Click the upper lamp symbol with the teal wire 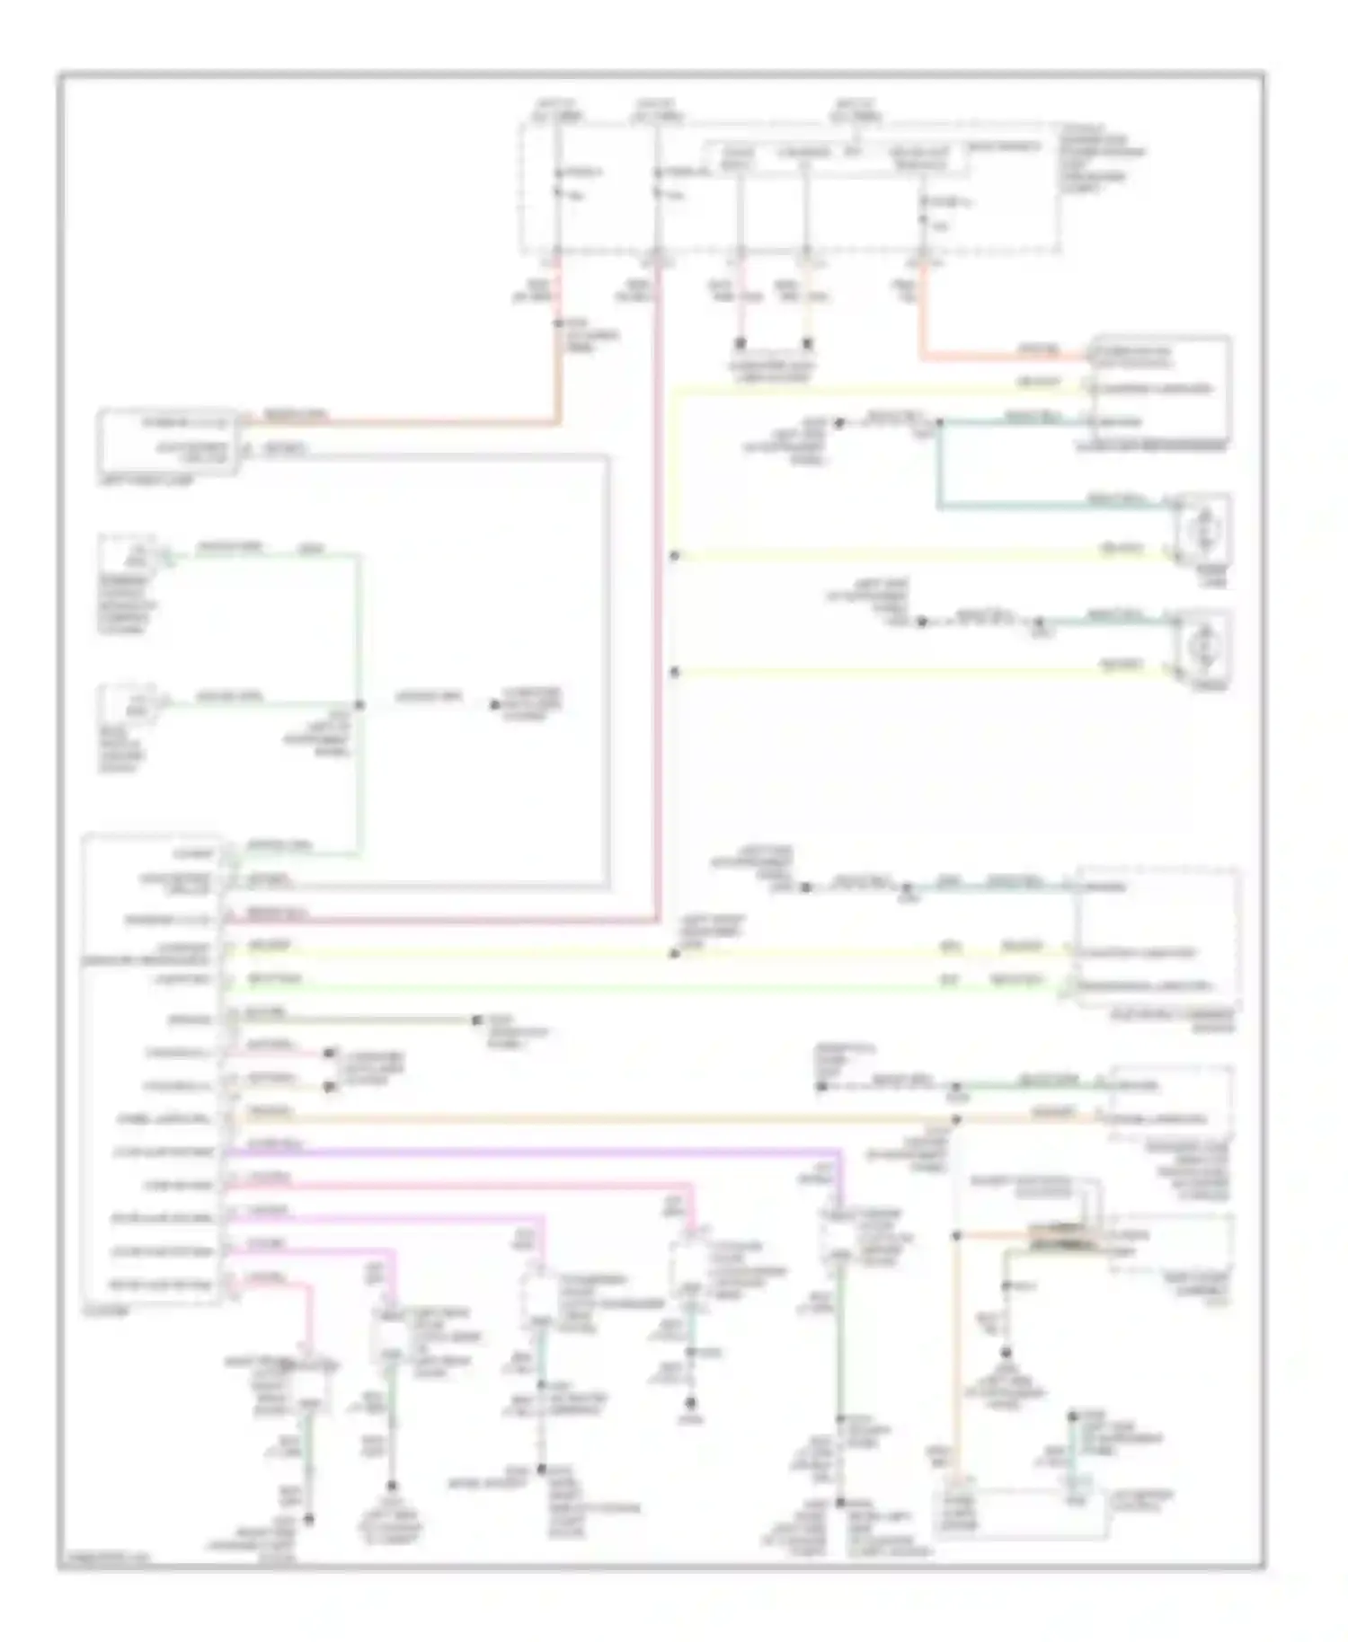1202,528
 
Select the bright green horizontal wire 629,987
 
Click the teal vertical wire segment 939,467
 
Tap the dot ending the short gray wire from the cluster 476,1020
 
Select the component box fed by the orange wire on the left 169,440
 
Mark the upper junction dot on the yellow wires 674,556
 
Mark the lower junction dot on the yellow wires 674,672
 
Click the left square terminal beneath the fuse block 741,343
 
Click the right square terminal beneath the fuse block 807,343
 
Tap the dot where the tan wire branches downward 956,1119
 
